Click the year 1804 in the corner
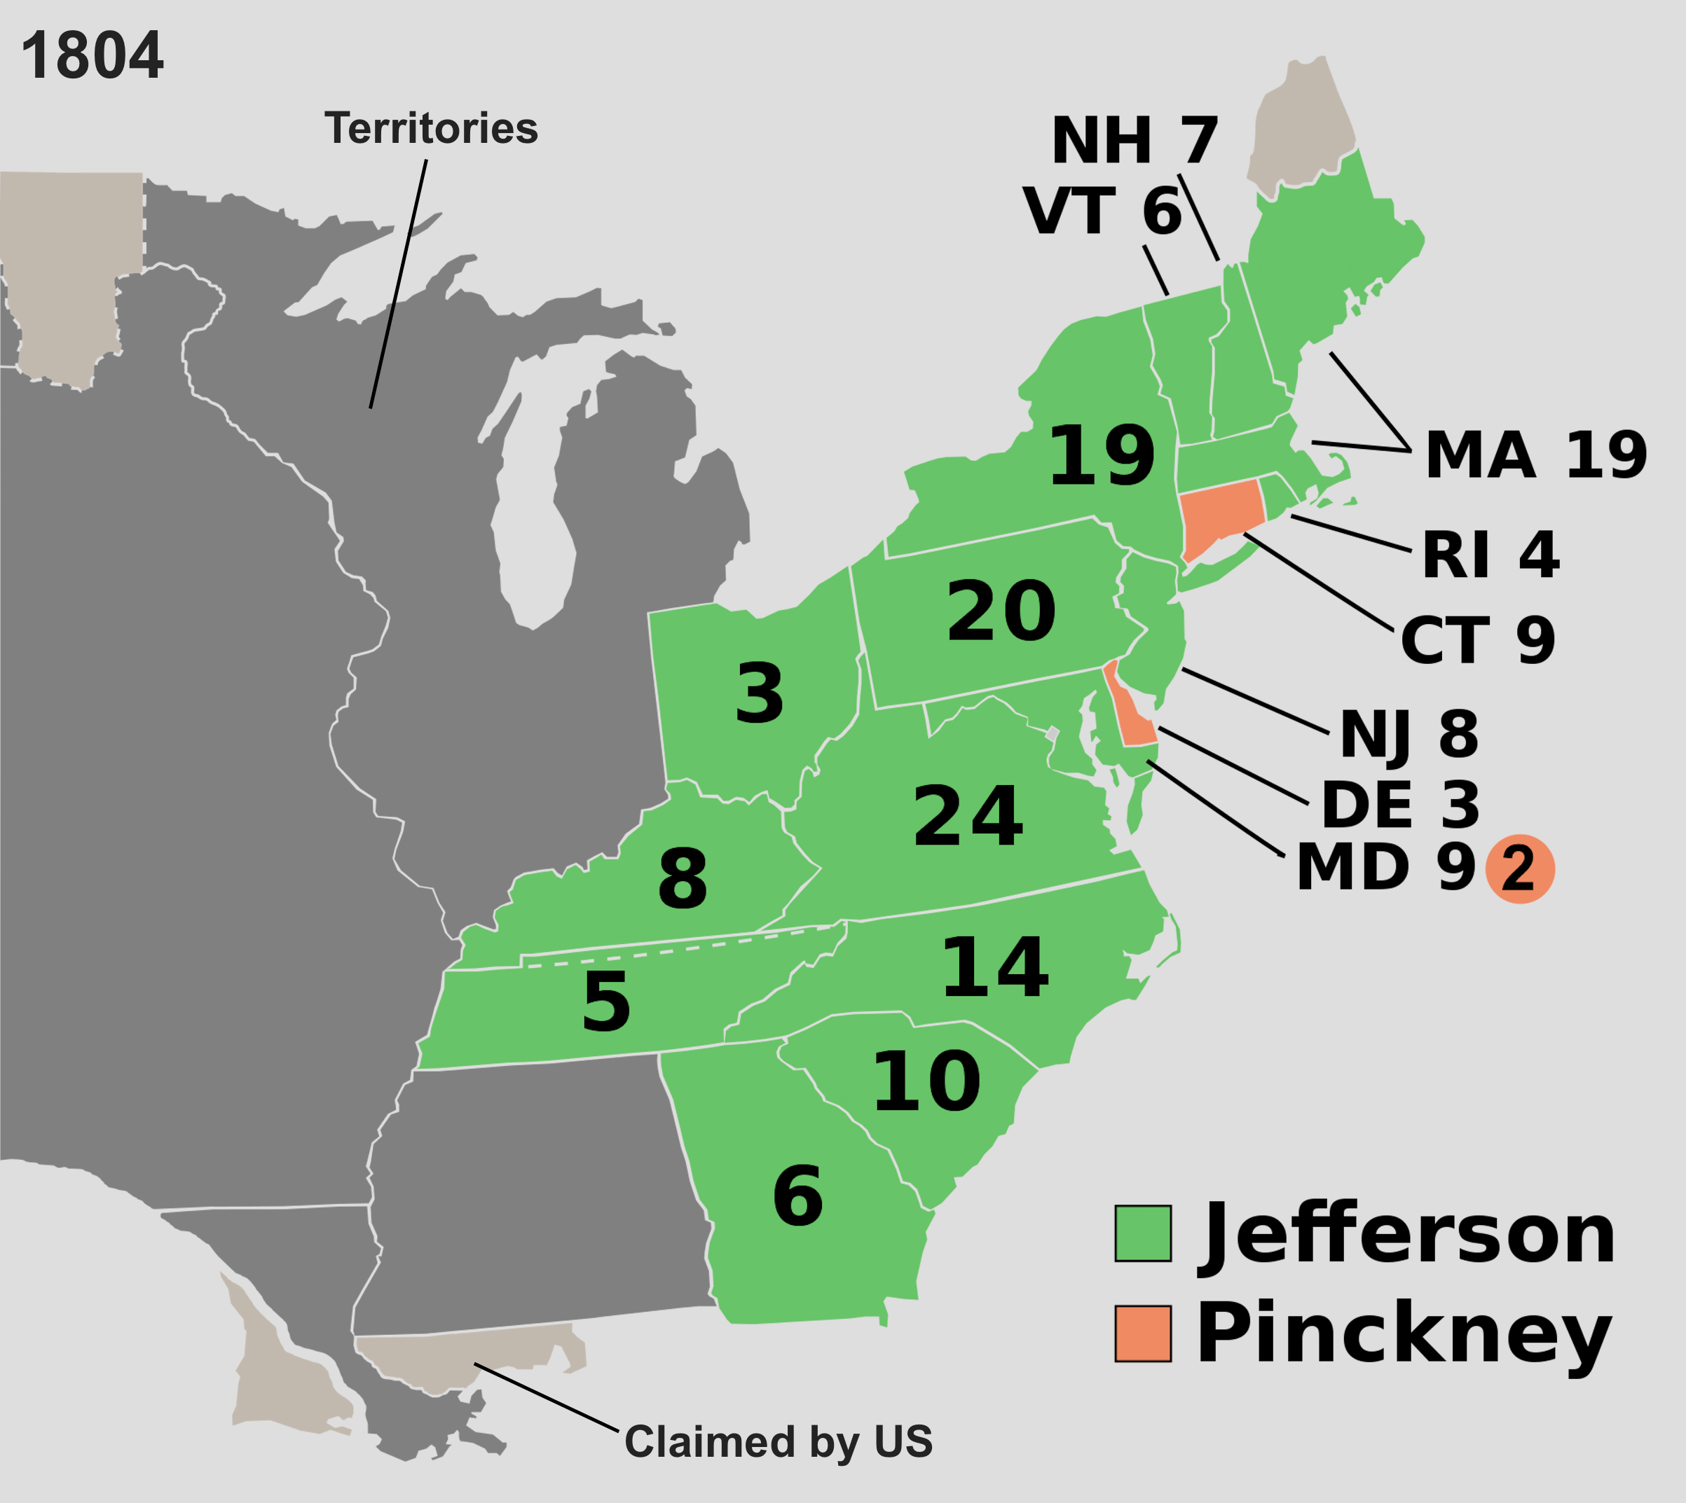point(92,56)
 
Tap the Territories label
point(430,129)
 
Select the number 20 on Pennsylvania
point(1001,611)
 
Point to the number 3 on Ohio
point(758,693)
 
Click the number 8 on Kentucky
point(683,879)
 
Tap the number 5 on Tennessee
point(605,1002)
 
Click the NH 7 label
point(1135,140)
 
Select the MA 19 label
point(1535,455)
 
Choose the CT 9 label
point(1478,640)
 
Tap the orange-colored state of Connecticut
point(1220,516)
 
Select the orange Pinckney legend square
point(1142,1334)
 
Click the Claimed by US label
point(778,1442)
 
